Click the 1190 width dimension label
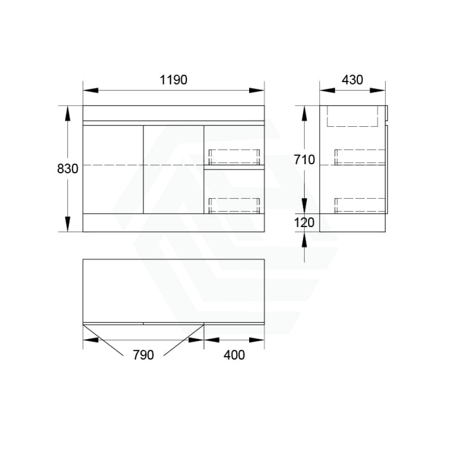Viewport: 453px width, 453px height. [173, 80]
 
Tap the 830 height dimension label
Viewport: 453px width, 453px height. [67, 169]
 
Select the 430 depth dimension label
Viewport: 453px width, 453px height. [352, 80]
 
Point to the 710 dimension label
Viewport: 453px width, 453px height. [304, 160]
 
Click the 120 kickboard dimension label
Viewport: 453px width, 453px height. [304, 222]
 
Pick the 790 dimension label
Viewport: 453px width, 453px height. [143, 355]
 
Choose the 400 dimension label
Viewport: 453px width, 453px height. [234, 355]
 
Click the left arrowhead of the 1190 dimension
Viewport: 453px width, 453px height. [91, 91]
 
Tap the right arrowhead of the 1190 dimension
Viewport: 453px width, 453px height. [257, 91]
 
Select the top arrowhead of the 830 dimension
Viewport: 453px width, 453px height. [67, 113]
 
